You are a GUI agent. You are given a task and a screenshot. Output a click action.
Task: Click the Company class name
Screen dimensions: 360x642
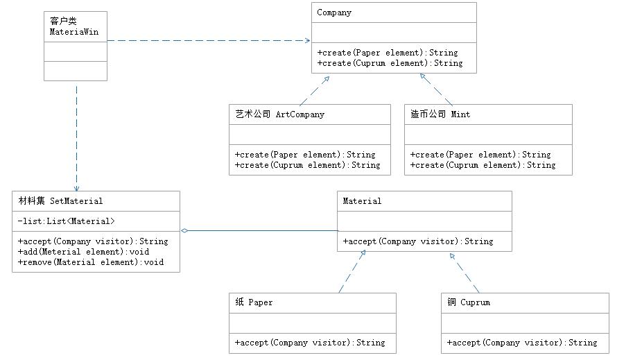click(x=334, y=12)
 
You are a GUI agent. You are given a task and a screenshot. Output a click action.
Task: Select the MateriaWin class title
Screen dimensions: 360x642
click(x=73, y=27)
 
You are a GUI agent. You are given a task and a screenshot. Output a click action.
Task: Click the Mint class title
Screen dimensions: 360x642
click(x=440, y=114)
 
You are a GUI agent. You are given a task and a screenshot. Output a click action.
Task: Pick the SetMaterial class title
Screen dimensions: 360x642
click(x=60, y=201)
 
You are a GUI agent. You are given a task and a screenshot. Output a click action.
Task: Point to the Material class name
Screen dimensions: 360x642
click(x=362, y=201)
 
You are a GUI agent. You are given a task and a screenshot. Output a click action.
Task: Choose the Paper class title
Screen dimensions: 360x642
click(x=254, y=302)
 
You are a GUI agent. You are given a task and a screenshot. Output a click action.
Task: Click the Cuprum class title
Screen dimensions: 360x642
click(x=469, y=302)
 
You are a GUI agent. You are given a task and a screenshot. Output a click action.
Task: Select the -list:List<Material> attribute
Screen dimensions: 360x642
click(x=67, y=221)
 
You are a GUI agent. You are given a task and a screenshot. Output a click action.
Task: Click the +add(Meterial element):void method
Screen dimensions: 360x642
click(x=83, y=252)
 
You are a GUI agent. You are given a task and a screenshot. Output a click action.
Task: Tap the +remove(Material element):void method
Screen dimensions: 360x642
click(x=90, y=262)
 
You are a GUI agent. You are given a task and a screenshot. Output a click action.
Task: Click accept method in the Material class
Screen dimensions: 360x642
click(x=418, y=241)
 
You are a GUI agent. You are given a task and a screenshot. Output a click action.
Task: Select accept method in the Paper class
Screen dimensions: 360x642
click(x=310, y=343)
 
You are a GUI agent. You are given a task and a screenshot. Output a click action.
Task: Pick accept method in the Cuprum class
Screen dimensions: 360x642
click(x=522, y=343)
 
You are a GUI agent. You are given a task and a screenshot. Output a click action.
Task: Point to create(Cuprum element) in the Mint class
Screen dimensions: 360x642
click(x=483, y=165)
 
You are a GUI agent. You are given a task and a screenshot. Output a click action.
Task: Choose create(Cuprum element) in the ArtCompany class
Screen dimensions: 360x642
click(x=307, y=165)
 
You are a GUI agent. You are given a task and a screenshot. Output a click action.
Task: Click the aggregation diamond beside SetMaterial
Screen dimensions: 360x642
click(x=184, y=230)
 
